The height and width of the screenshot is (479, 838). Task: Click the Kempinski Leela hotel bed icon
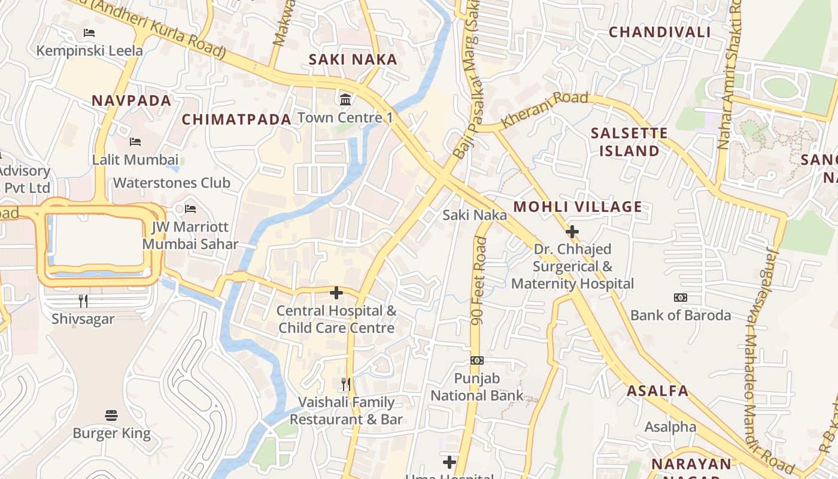(x=89, y=33)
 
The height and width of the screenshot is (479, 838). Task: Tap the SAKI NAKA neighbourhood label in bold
(x=353, y=59)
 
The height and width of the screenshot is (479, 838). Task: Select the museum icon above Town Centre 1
(x=345, y=99)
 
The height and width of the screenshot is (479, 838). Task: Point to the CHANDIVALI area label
(x=660, y=32)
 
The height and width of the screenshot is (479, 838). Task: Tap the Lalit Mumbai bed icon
(x=135, y=142)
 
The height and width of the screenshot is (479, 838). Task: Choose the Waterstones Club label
(x=172, y=183)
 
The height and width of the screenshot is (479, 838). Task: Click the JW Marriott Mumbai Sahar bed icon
(x=190, y=209)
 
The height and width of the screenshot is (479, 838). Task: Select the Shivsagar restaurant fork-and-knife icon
(x=83, y=301)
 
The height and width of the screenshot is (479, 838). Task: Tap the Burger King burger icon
(x=111, y=415)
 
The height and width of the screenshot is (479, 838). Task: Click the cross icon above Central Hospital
(x=336, y=293)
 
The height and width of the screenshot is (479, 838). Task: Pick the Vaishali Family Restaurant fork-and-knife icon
(x=346, y=384)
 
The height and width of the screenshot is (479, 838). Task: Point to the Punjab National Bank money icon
(x=477, y=360)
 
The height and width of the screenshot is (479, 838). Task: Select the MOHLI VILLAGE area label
(x=578, y=207)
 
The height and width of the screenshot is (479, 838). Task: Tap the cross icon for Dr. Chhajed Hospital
(x=572, y=231)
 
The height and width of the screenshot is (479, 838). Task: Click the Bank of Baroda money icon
(x=681, y=298)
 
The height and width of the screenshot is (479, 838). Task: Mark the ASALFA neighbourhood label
(x=657, y=392)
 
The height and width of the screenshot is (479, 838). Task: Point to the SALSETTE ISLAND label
(x=629, y=142)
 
